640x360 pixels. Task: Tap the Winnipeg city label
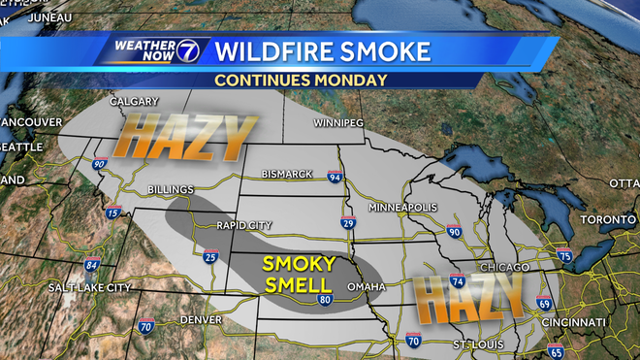[338, 124]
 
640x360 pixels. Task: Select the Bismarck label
[287, 174]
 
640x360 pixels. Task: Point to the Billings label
[171, 189]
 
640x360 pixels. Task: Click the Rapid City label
[243, 225]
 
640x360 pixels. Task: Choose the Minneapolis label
[403, 208]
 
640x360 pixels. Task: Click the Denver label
[201, 319]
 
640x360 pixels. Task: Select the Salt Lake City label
[91, 287]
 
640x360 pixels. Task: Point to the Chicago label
[505, 267]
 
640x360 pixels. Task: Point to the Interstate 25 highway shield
[212, 256]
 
